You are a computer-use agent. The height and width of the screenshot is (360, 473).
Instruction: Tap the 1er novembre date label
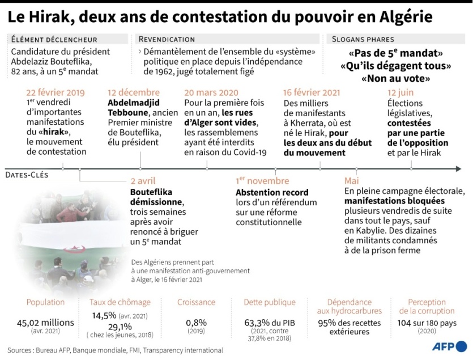tap(262, 181)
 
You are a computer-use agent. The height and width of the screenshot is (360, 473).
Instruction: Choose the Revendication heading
tap(167, 40)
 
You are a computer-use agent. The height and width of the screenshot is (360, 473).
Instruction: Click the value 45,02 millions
tap(45, 323)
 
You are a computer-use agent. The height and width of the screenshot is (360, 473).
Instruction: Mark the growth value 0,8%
tap(196, 323)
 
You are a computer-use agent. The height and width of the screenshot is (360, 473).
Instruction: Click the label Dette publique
tap(270, 302)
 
